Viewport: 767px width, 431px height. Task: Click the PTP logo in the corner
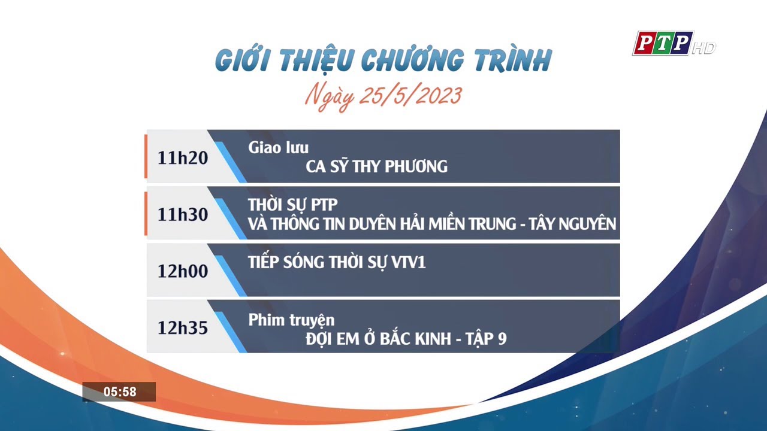663,43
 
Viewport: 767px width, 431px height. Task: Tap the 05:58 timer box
119,392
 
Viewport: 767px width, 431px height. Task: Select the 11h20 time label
183,157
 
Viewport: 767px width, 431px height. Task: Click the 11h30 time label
183,214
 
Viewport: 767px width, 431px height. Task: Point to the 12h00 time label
183,271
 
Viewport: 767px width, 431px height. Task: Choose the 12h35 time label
183,328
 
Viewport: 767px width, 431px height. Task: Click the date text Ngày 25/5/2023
383,96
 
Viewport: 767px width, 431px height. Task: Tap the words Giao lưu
278,148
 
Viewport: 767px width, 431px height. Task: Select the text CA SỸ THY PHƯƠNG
376,166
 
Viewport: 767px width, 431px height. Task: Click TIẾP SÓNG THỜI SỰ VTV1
337,262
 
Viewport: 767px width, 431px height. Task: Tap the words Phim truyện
291,320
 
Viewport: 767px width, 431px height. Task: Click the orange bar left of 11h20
146,156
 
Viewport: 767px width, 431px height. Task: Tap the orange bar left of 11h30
146,213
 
